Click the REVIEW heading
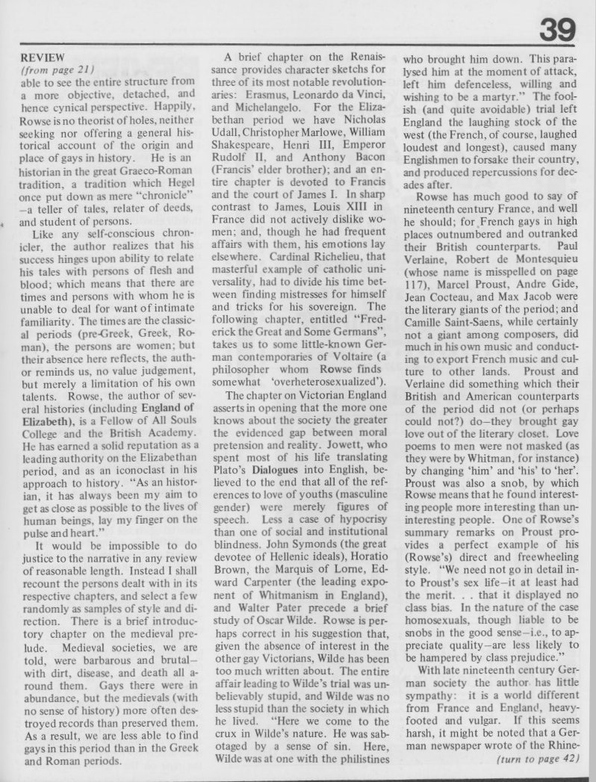39,56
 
